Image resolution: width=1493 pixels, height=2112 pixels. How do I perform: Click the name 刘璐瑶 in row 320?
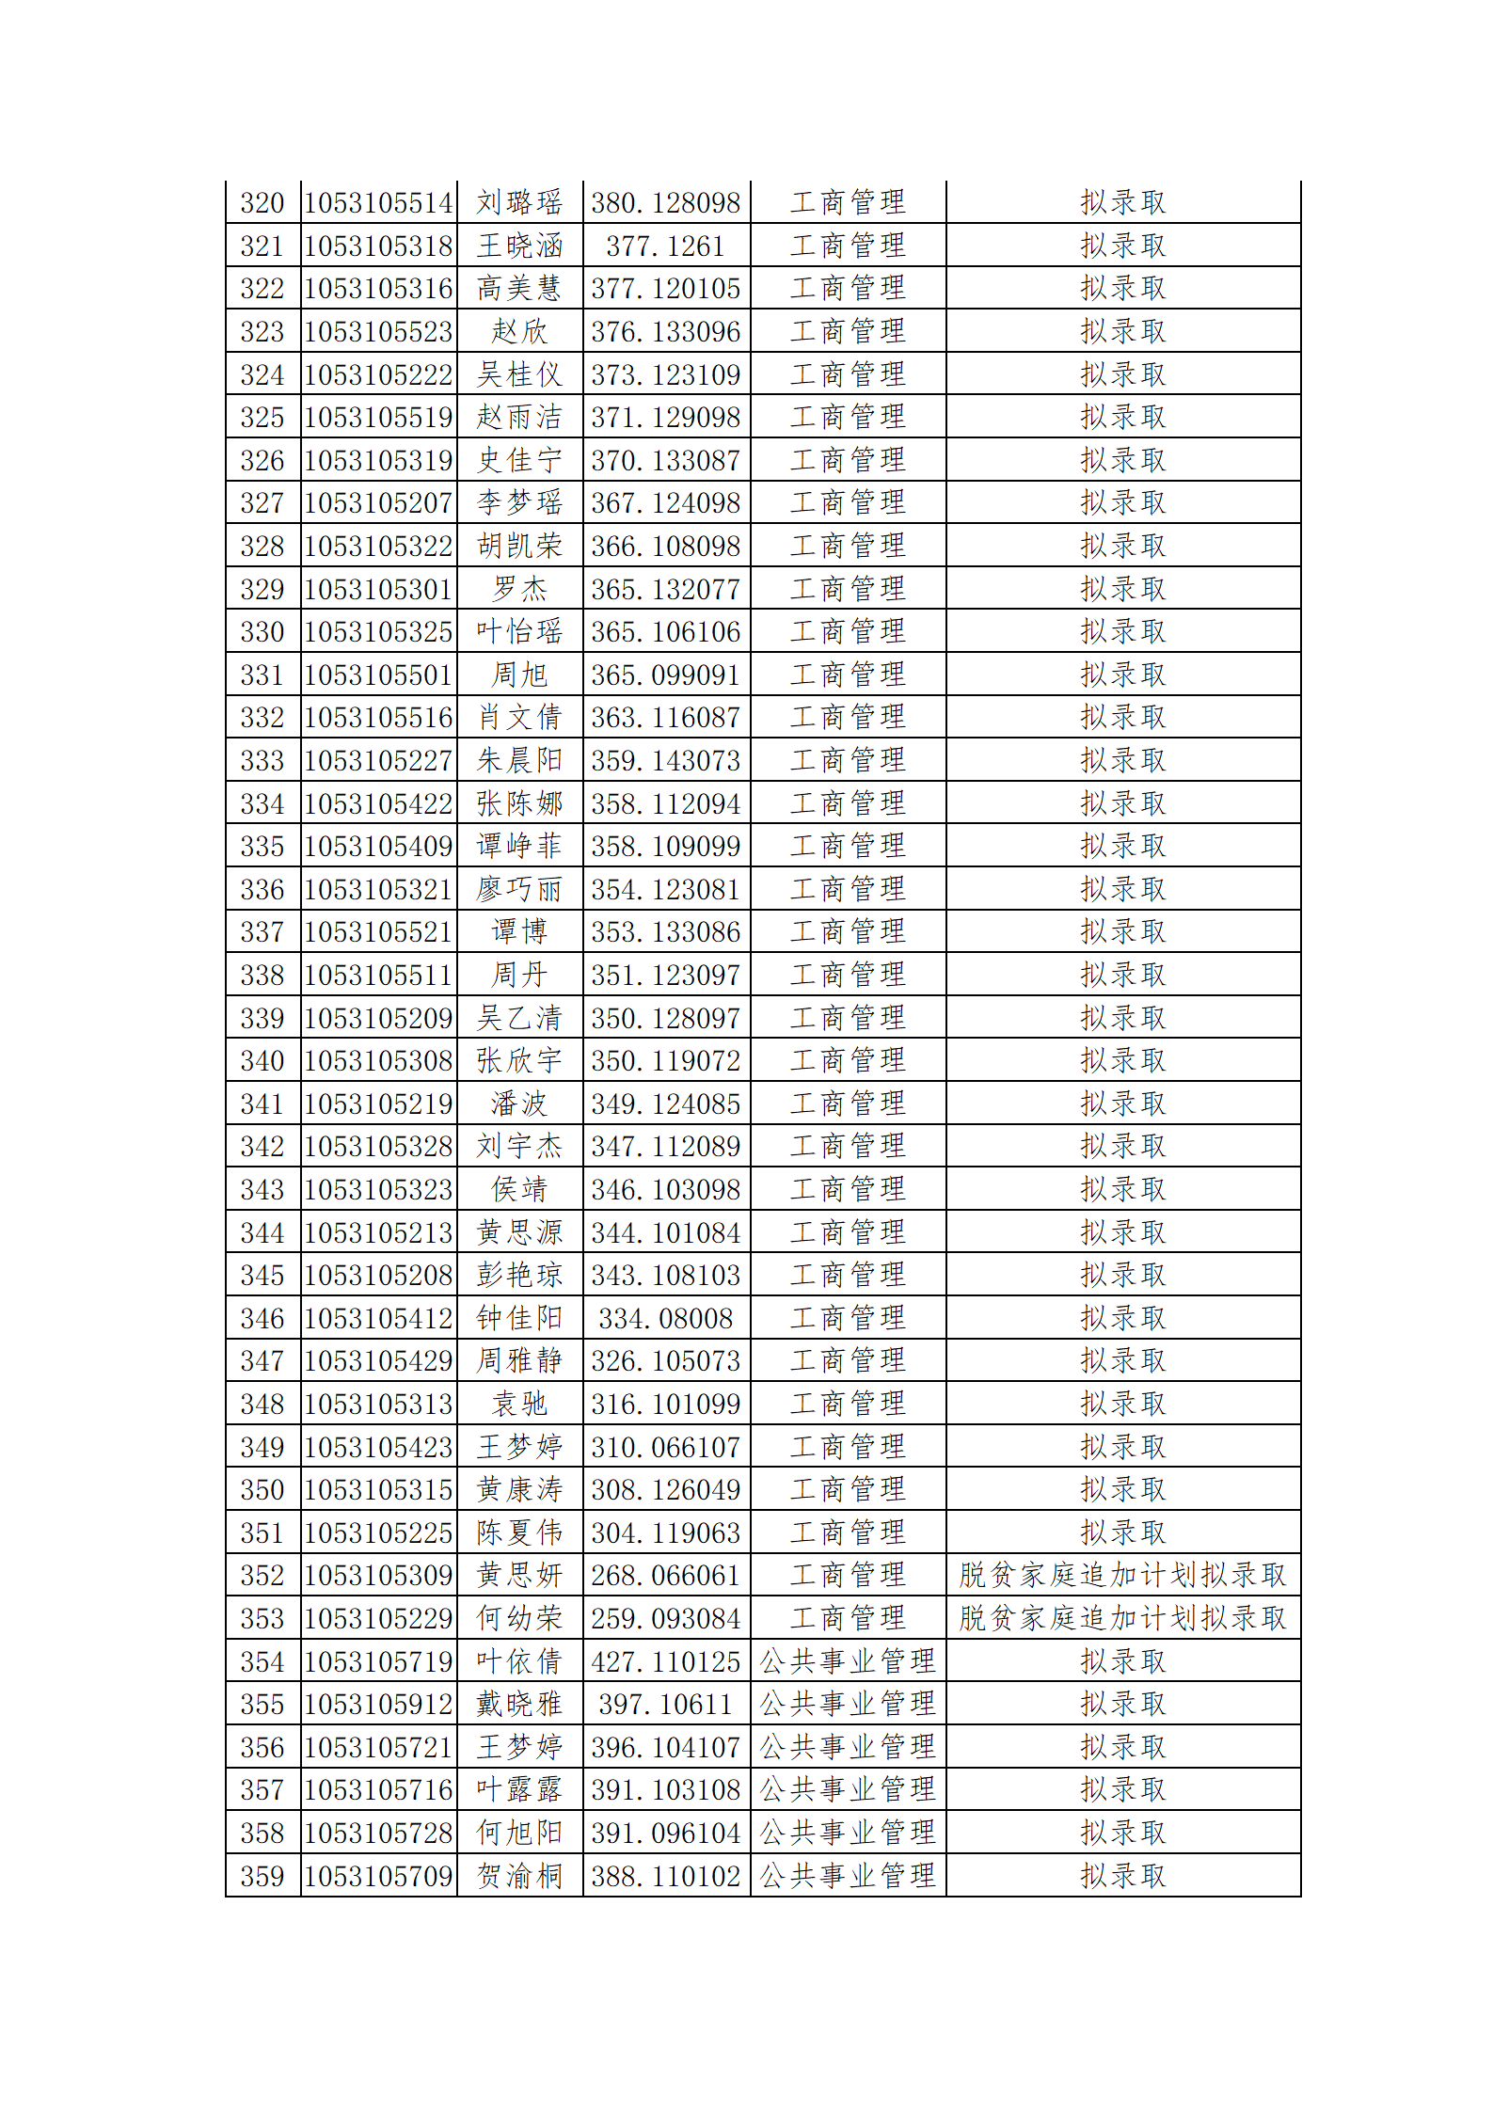pos(518,202)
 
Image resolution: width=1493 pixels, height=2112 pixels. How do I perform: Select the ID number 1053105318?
pos(378,246)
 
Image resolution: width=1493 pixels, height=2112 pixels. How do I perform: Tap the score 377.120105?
pos(665,289)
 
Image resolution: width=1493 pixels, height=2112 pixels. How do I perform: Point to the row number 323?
pos(262,332)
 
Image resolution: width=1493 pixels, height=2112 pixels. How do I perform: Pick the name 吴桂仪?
pos(518,374)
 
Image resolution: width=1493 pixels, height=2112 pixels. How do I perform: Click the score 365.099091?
pos(665,675)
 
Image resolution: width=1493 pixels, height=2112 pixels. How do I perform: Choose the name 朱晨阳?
pos(518,760)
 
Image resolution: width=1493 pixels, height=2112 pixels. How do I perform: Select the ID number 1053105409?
pos(378,847)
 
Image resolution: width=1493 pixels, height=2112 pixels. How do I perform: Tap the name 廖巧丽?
pos(518,889)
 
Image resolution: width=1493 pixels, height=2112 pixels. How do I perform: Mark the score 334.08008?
pos(665,1319)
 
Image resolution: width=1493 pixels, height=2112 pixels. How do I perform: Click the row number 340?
pos(262,1061)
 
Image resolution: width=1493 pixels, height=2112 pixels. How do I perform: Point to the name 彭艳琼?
pos(518,1276)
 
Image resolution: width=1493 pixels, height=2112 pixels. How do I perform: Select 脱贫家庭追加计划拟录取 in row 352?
pos(1122,1576)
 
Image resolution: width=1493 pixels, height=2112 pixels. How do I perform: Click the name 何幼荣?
pos(518,1619)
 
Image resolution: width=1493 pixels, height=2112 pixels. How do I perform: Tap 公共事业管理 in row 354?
pos(847,1662)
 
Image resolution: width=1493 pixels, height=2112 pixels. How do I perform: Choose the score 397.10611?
pos(665,1705)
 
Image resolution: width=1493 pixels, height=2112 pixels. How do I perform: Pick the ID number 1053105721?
pos(378,1748)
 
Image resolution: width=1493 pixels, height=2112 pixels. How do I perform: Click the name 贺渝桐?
pos(518,1877)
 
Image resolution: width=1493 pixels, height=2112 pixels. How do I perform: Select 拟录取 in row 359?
pos(1122,1877)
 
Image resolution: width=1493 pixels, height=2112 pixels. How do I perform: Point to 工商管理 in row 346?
pos(847,1319)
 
